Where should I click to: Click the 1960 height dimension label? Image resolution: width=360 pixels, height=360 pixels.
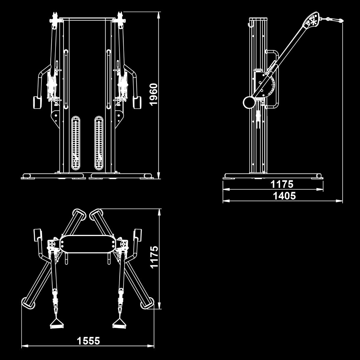(154, 94)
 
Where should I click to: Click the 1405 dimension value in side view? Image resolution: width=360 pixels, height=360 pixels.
(284, 196)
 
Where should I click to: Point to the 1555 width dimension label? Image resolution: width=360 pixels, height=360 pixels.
(88, 341)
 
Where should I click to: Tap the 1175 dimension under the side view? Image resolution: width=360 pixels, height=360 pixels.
(282, 184)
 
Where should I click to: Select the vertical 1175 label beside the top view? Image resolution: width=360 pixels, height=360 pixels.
(154, 257)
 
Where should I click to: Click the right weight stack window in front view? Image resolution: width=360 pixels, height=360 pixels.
(99, 143)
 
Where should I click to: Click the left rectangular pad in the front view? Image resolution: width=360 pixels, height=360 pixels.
(37, 103)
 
